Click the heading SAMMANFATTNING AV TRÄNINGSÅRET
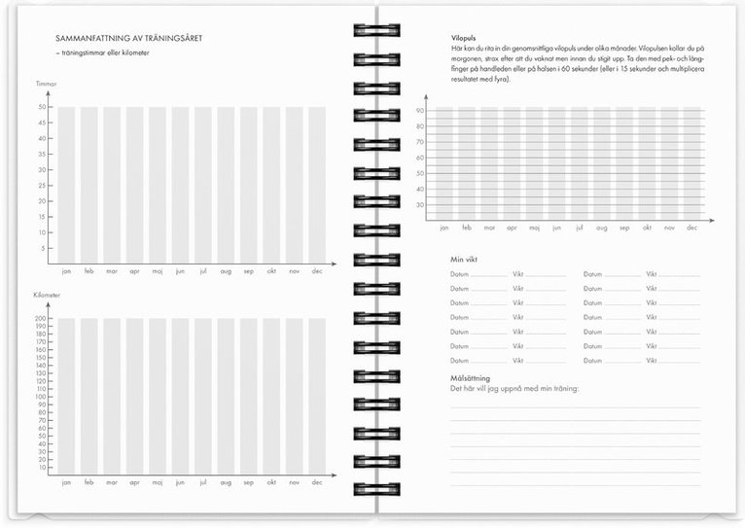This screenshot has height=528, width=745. point(135,38)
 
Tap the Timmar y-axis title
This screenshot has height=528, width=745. point(47,85)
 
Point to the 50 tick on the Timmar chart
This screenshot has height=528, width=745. point(43,107)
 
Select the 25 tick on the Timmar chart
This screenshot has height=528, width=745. point(43,186)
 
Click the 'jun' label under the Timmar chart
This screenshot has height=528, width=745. point(180,272)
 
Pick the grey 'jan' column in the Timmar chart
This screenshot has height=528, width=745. point(66,185)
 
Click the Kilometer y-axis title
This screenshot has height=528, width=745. point(49,295)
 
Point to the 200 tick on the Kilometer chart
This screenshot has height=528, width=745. point(42,319)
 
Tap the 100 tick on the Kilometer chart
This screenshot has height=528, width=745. point(42,397)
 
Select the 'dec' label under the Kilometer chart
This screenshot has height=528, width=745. point(317,482)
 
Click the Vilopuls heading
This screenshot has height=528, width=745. point(464,37)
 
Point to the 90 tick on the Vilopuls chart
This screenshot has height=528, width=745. point(420,110)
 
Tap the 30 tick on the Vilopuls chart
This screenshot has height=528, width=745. point(420,205)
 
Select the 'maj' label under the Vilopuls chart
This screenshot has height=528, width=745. point(534,228)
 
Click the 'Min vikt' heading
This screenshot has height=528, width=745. point(464,260)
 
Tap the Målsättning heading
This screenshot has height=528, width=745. point(470,377)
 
